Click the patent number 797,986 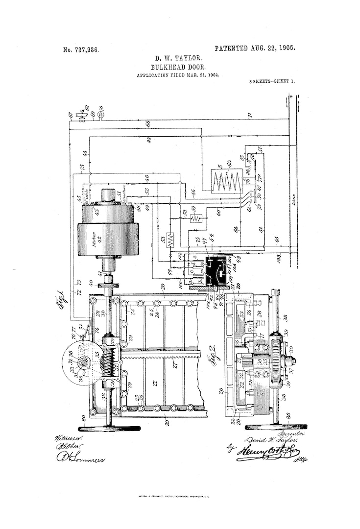click(x=81, y=49)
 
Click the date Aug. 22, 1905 click(x=255, y=48)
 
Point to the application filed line click(x=178, y=75)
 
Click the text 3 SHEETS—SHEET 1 click(x=272, y=82)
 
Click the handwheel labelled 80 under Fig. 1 click(x=110, y=428)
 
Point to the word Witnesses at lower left click(x=69, y=437)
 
